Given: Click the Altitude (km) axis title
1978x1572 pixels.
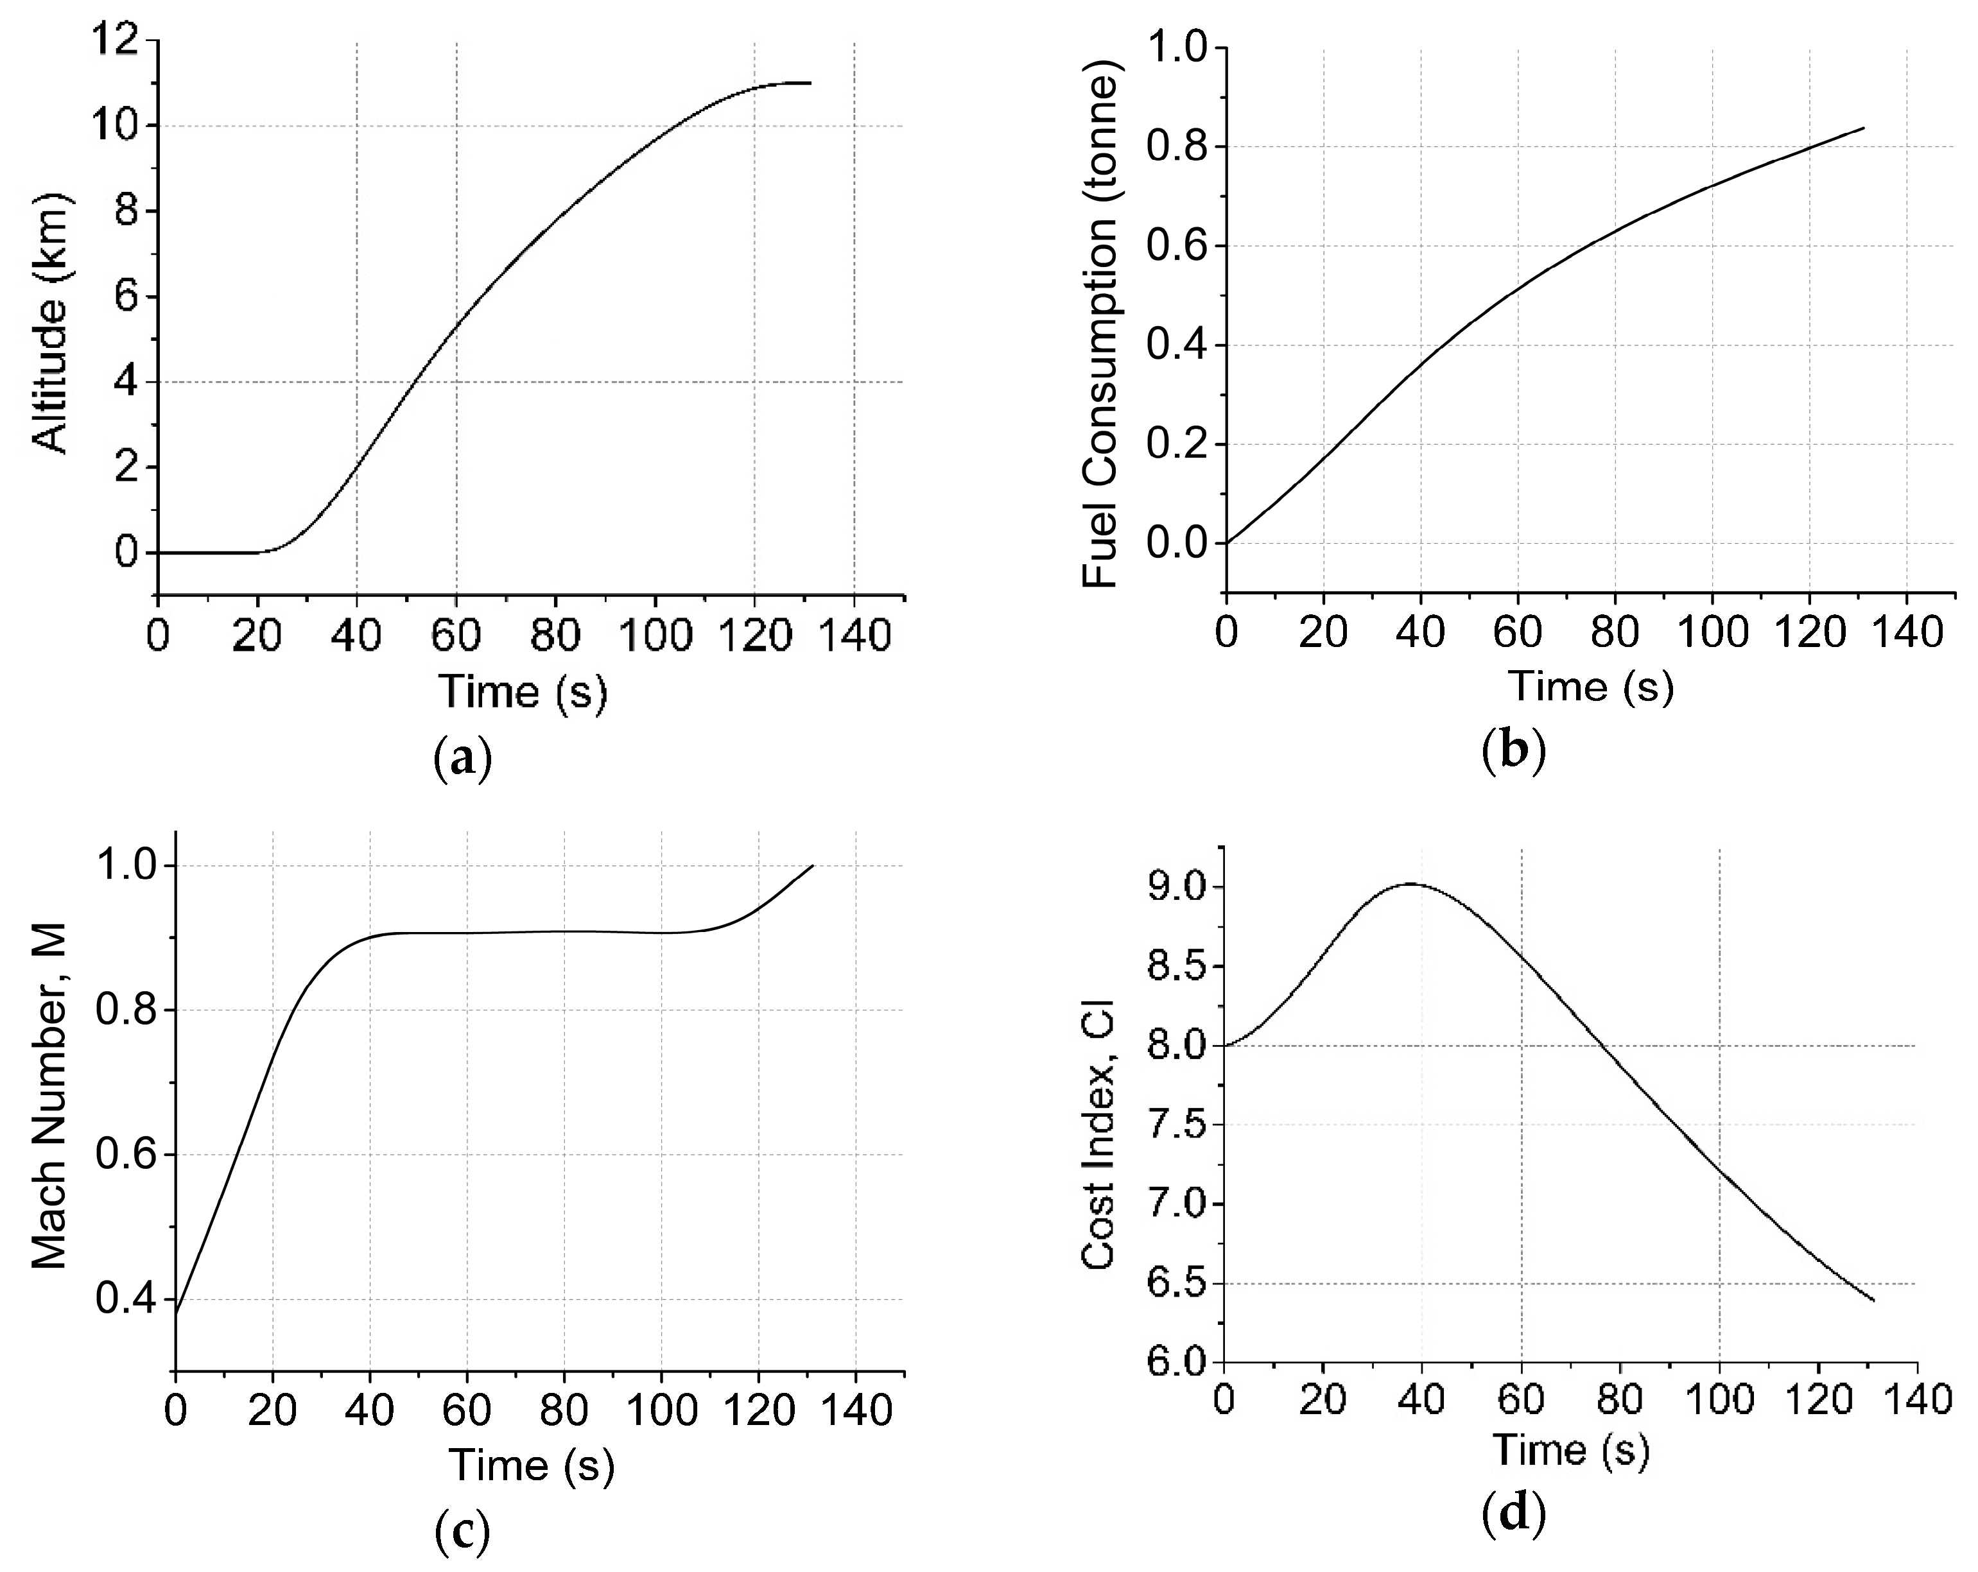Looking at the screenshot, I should point(51,323).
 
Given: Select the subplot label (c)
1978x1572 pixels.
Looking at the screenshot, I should point(462,1529).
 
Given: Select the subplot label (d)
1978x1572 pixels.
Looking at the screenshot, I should point(1514,1514).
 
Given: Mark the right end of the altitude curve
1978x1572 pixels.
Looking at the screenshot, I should point(811,83).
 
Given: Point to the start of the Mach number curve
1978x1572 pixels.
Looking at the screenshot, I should point(176,1313).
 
